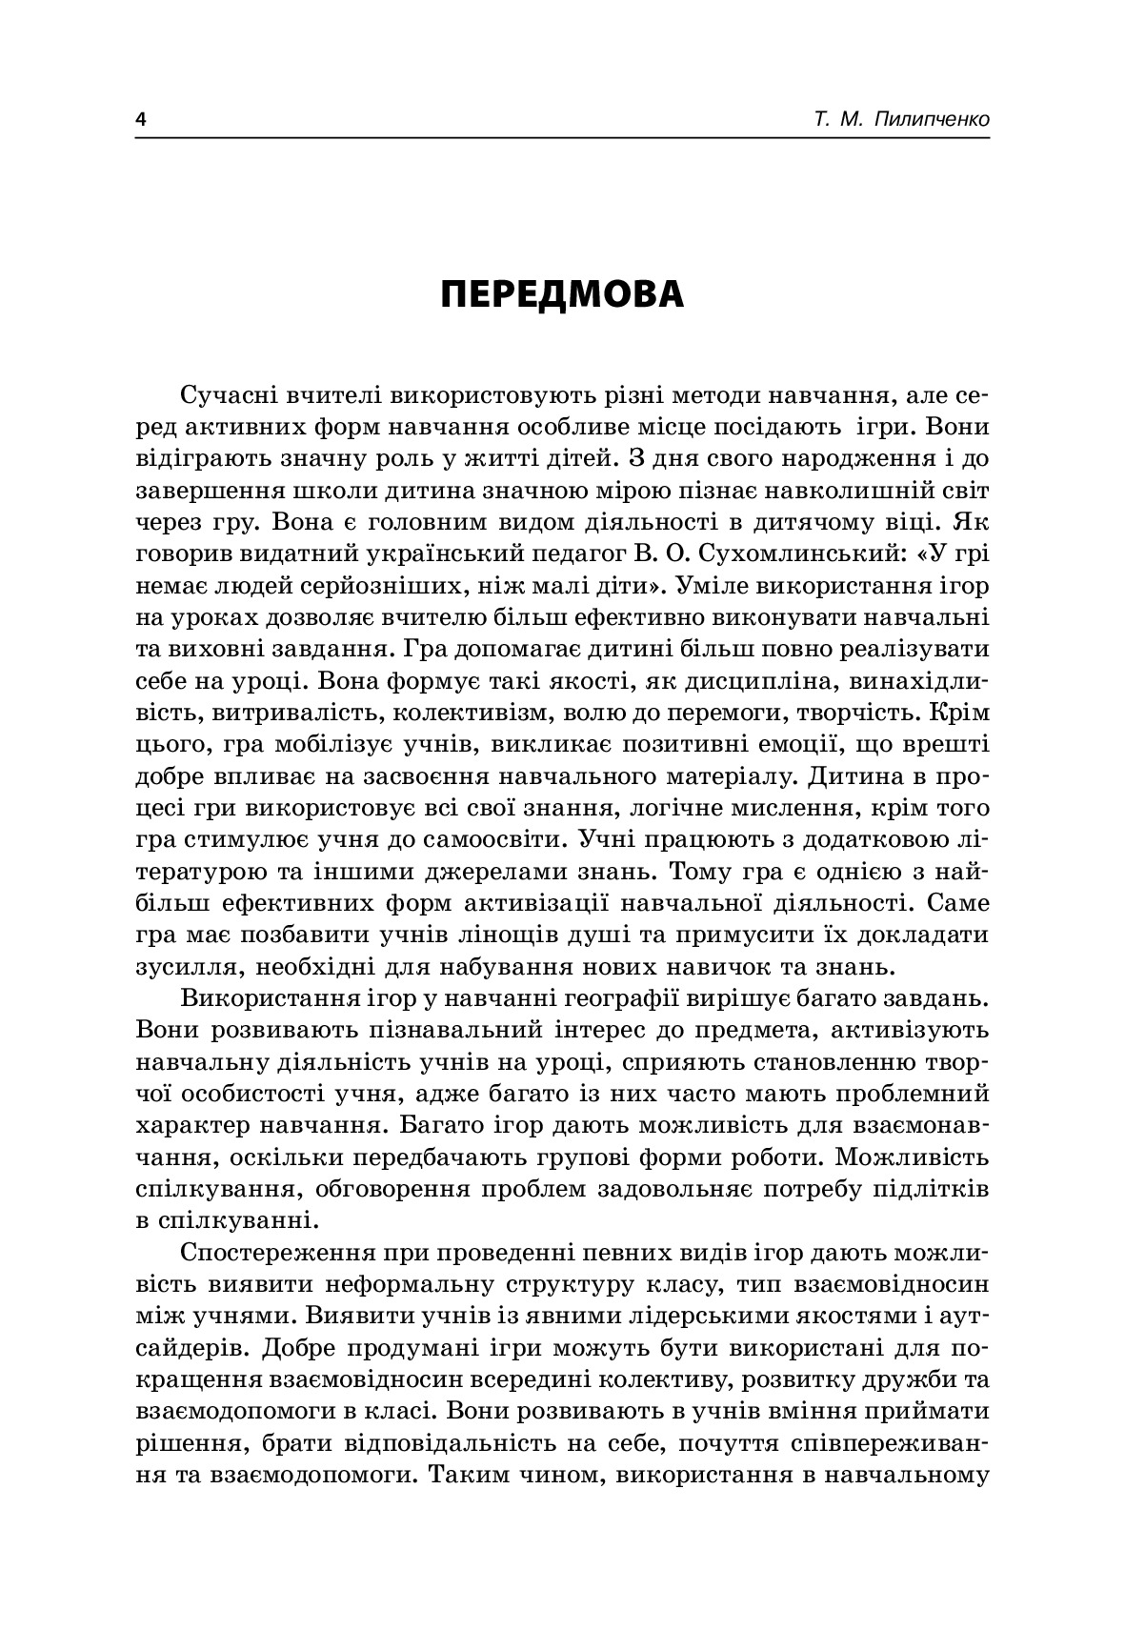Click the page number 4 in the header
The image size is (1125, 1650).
click(142, 120)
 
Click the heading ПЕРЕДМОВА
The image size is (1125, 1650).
click(563, 294)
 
